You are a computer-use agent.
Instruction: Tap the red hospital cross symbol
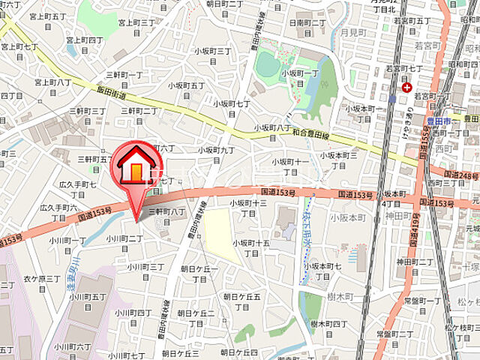(406, 88)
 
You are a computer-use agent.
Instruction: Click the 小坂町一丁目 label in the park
(300, 78)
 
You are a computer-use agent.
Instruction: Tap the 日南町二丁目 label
(307, 28)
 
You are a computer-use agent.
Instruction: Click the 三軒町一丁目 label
(124, 80)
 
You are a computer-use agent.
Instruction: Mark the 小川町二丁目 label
(124, 243)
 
